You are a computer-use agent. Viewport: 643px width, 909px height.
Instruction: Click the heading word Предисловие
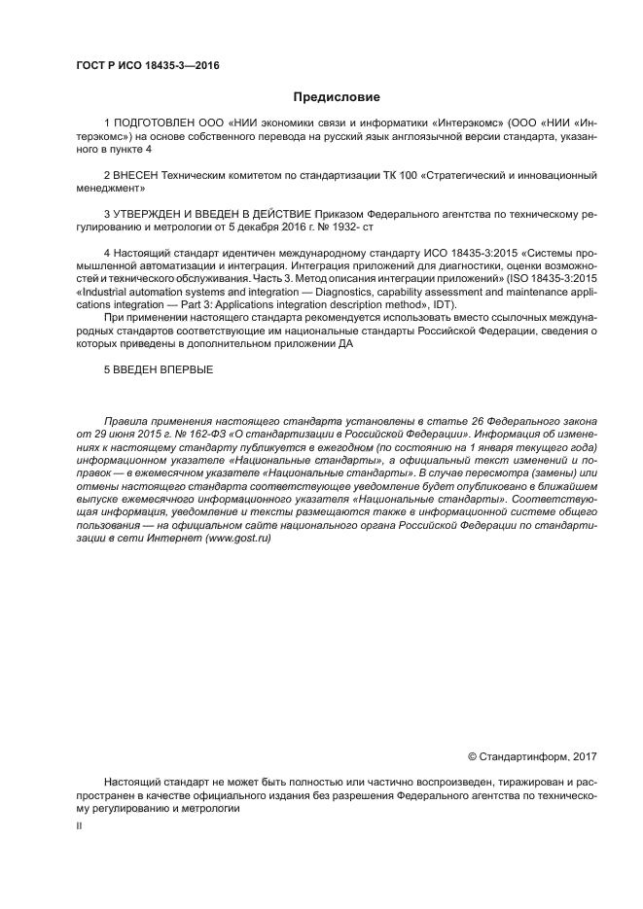(x=337, y=97)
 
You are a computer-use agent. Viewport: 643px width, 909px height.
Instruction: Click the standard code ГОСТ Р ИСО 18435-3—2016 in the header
(x=147, y=64)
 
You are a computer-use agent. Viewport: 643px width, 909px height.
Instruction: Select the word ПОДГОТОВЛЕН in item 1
(x=153, y=124)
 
